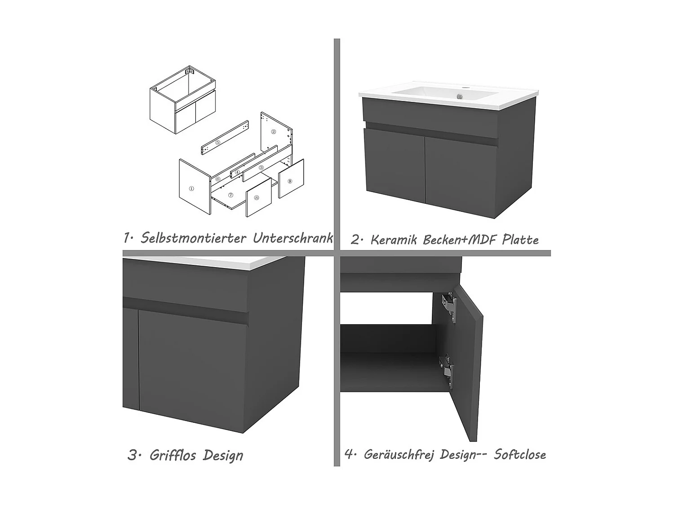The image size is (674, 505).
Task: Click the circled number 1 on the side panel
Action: (191, 189)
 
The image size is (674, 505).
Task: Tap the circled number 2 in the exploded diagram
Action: (274, 132)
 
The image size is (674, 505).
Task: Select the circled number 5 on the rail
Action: (218, 142)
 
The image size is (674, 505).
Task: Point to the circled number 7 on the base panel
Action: (231, 195)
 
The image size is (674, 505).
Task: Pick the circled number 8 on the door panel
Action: (257, 198)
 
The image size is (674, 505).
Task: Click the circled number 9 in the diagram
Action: (289, 181)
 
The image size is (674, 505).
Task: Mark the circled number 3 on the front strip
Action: (262, 168)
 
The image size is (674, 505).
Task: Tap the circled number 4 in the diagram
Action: (237, 172)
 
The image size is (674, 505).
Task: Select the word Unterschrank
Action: (293, 237)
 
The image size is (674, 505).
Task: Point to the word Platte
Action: (520, 240)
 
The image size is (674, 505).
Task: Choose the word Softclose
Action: (520, 454)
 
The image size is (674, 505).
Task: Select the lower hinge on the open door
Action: (447, 370)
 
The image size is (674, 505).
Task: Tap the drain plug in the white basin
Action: (460, 97)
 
